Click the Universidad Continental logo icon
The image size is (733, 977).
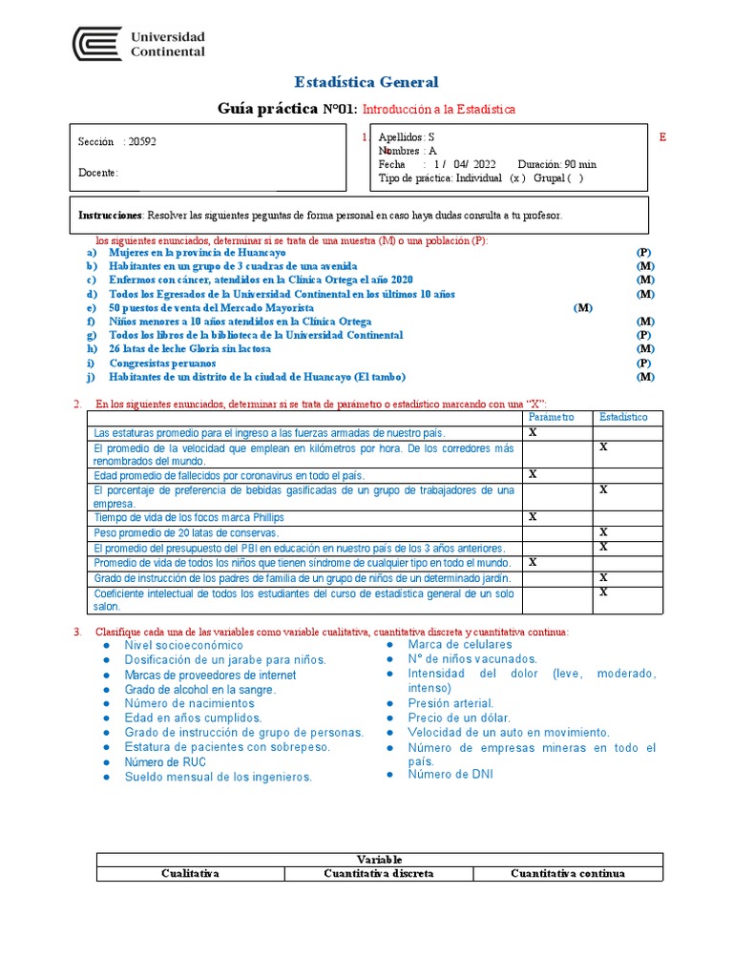[x=97, y=44]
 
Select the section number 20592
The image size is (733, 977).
[x=141, y=141]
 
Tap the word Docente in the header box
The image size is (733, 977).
[x=98, y=173]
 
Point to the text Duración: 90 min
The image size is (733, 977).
[x=556, y=164]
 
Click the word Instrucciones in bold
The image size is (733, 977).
[x=110, y=216]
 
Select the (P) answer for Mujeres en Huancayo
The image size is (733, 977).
[x=644, y=252]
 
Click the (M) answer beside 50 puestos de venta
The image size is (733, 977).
[x=583, y=308]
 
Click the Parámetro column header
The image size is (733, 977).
[x=552, y=418]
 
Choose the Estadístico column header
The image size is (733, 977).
[x=623, y=418]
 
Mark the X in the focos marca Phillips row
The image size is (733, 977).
[x=534, y=516]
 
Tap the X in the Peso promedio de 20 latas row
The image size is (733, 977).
[x=603, y=531]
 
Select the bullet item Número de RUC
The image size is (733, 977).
[x=164, y=762]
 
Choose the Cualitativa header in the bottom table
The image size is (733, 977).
[x=191, y=873]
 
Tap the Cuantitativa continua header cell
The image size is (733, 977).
[x=568, y=873]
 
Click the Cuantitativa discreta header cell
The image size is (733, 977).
[x=379, y=873]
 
